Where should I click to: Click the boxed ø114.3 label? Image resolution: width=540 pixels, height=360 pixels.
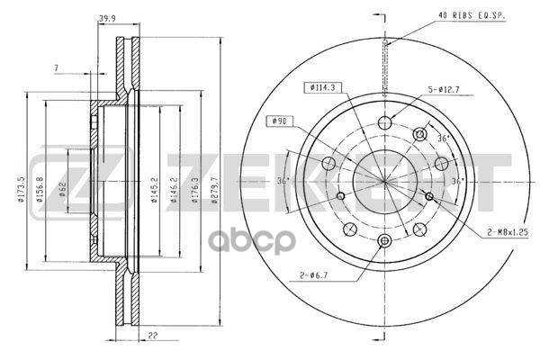[x=320, y=87]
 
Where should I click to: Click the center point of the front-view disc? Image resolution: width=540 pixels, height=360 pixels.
[x=385, y=181]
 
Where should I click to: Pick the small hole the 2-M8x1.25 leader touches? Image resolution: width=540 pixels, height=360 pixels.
[x=429, y=195]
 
